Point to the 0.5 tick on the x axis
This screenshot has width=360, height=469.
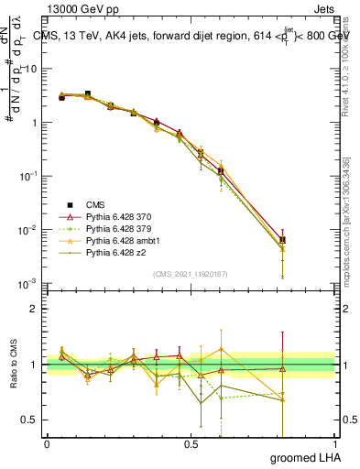click(x=191, y=445)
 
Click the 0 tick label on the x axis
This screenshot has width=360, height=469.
click(x=47, y=445)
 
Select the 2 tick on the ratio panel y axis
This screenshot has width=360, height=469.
click(x=35, y=309)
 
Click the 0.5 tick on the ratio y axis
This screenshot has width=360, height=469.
click(x=31, y=420)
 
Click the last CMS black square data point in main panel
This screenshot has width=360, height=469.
click(x=282, y=240)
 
